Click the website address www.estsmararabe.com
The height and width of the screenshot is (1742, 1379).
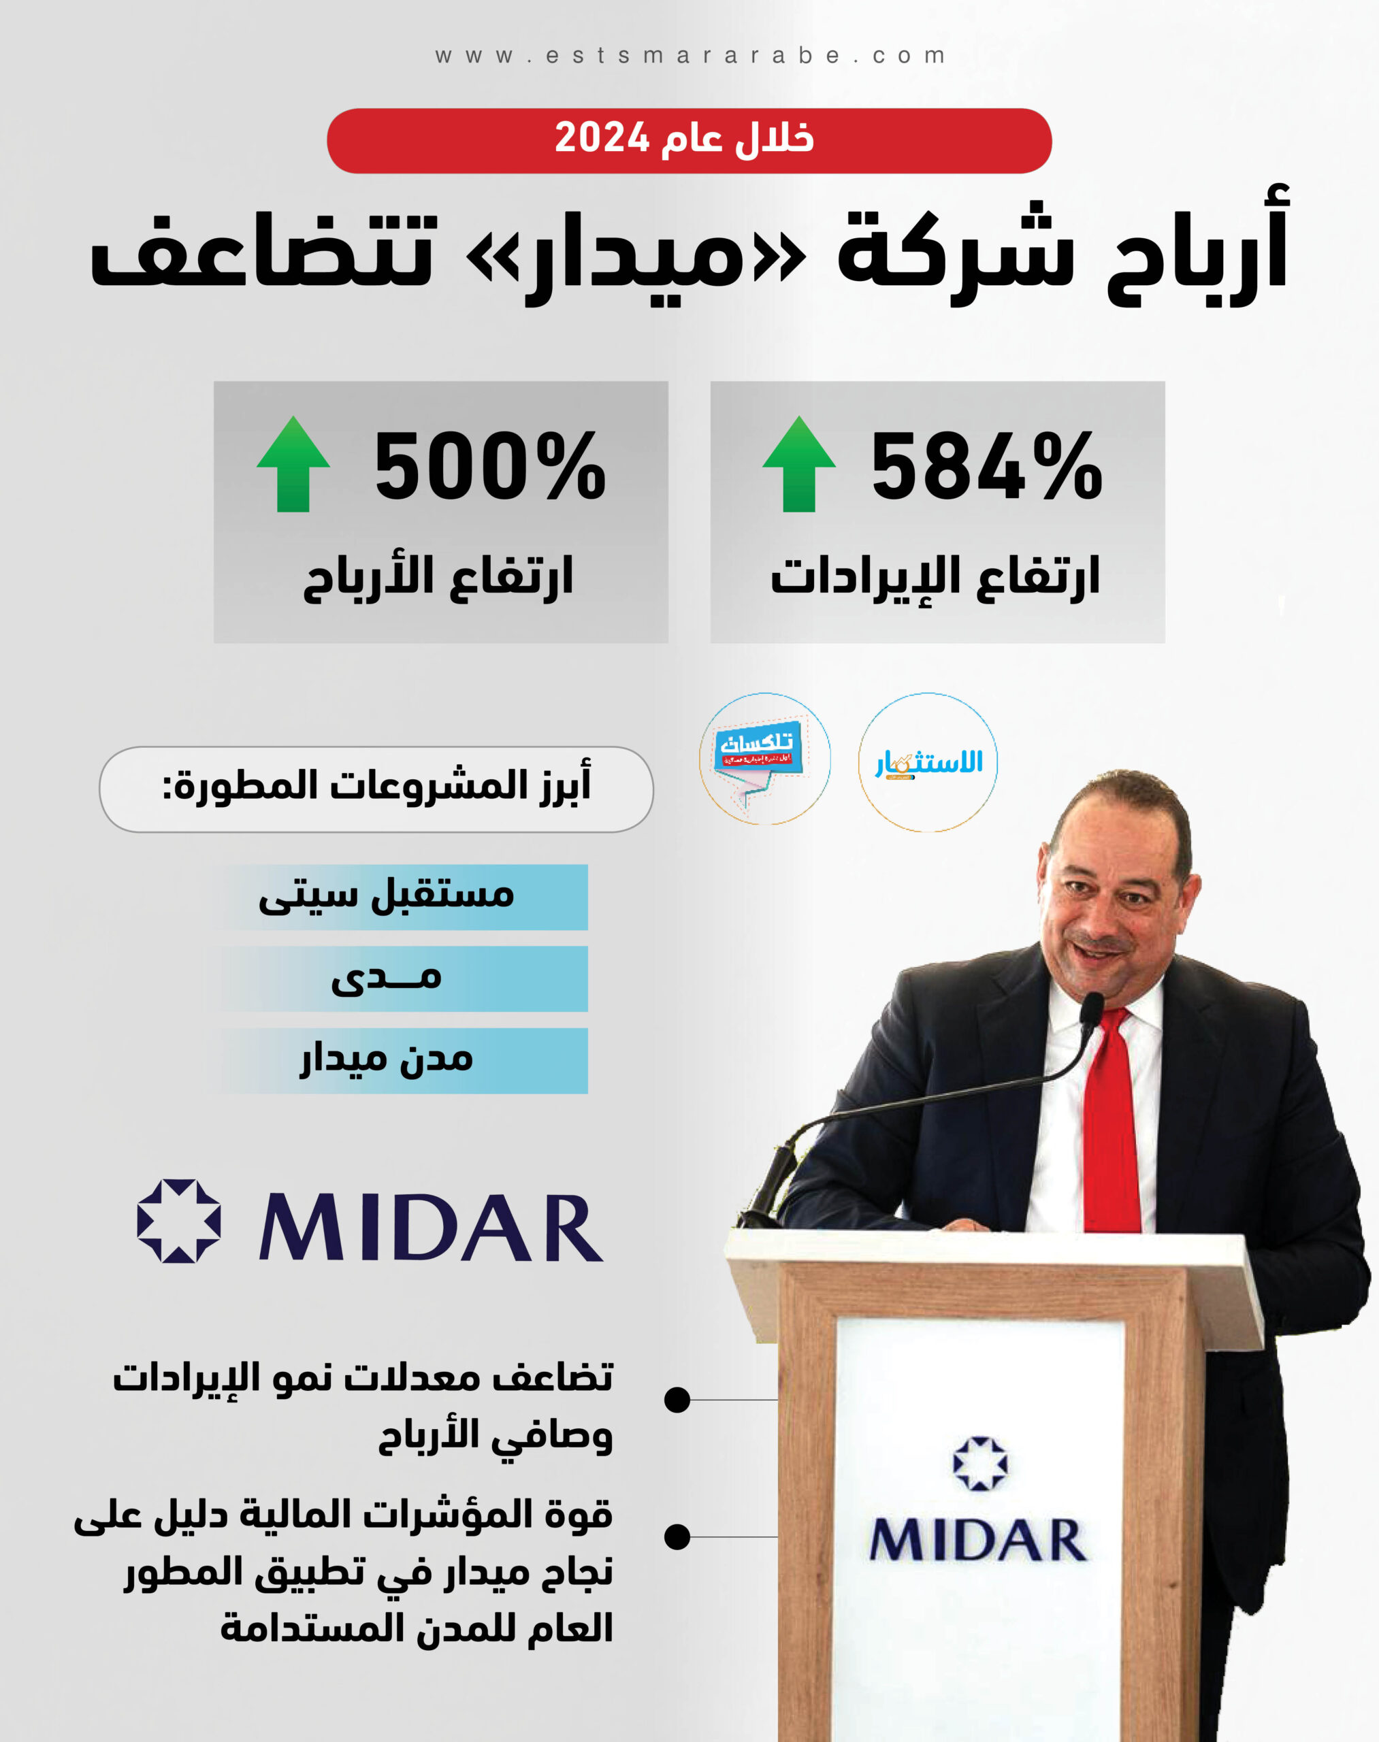(x=689, y=56)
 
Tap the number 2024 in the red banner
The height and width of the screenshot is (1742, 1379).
(x=602, y=138)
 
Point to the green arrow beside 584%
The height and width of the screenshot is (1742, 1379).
(x=798, y=464)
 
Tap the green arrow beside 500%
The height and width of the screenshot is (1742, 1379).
(x=293, y=464)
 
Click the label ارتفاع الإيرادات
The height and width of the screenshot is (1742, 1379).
(x=935, y=577)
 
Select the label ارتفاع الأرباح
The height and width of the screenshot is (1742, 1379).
(x=438, y=577)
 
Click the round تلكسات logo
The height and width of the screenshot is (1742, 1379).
(x=764, y=759)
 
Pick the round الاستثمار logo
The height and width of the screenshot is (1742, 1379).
(x=928, y=762)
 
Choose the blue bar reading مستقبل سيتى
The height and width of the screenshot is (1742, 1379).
(x=404, y=897)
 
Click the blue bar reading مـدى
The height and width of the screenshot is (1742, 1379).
(x=404, y=979)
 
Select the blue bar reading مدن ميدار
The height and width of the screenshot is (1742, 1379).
(x=404, y=1061)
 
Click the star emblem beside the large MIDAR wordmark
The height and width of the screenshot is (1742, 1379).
(x=178, y=1221)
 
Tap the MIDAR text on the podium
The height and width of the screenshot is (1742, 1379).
(x=977, y=1539)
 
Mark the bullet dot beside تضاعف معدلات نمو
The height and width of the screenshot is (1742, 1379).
(x=677, y=1400)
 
